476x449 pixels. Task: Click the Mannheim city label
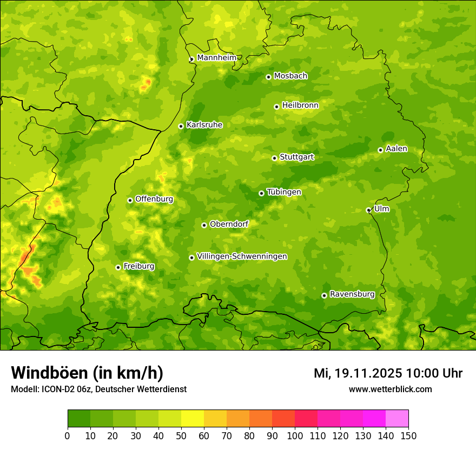point(216,58)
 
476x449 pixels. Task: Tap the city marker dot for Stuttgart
point(274,158)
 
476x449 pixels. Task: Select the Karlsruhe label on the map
point(204,125)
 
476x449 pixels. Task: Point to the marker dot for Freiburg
point(118,267)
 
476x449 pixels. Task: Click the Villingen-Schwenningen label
point(242,256)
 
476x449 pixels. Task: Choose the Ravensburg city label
point(352,294)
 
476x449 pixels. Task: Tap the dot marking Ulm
point(368,210)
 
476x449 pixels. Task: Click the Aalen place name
point(396,149)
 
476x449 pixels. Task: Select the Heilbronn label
point(300,105)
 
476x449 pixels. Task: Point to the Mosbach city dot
point(268,77)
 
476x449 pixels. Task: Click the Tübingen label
point(284,192)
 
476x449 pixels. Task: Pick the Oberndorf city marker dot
point(204,225)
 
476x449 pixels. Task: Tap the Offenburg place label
point(154,199)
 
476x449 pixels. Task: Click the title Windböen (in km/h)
point(87,373)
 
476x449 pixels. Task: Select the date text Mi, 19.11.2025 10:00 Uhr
point(388,373)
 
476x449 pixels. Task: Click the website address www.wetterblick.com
point(390,389)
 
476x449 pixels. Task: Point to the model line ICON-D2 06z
point(98,389)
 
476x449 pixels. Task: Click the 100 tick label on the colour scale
point(295,436)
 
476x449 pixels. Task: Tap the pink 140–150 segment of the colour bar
point(397,419)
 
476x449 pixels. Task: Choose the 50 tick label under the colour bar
point(181,436)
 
